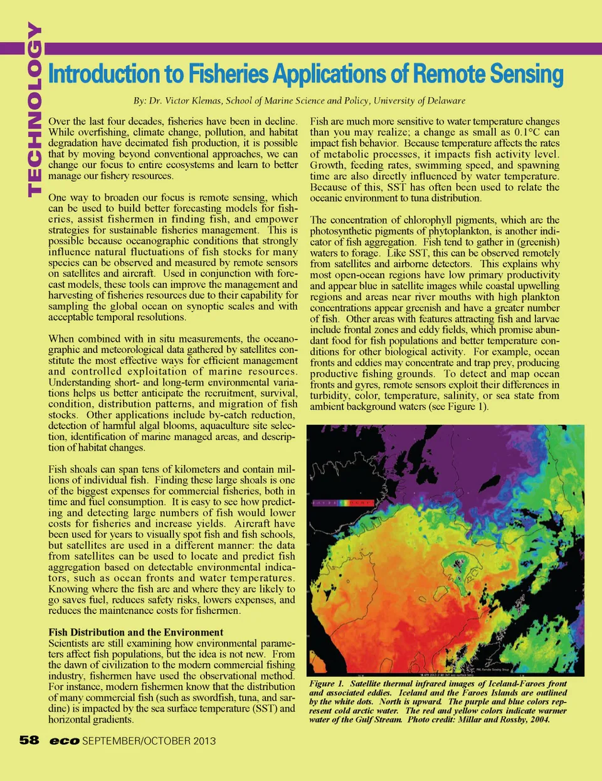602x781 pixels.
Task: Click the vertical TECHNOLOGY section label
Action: click(34, 110)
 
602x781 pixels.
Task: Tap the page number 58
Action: click(29, 740)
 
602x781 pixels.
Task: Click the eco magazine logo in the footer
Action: click(65, 741)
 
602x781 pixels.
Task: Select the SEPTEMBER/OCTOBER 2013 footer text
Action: click(149, 741)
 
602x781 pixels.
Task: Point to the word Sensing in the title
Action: click(527, 74)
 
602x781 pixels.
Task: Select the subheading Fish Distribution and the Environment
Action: click(136, 632)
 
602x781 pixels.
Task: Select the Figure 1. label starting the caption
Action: click(326, 684)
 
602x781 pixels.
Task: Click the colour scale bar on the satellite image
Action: click(344, 503)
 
